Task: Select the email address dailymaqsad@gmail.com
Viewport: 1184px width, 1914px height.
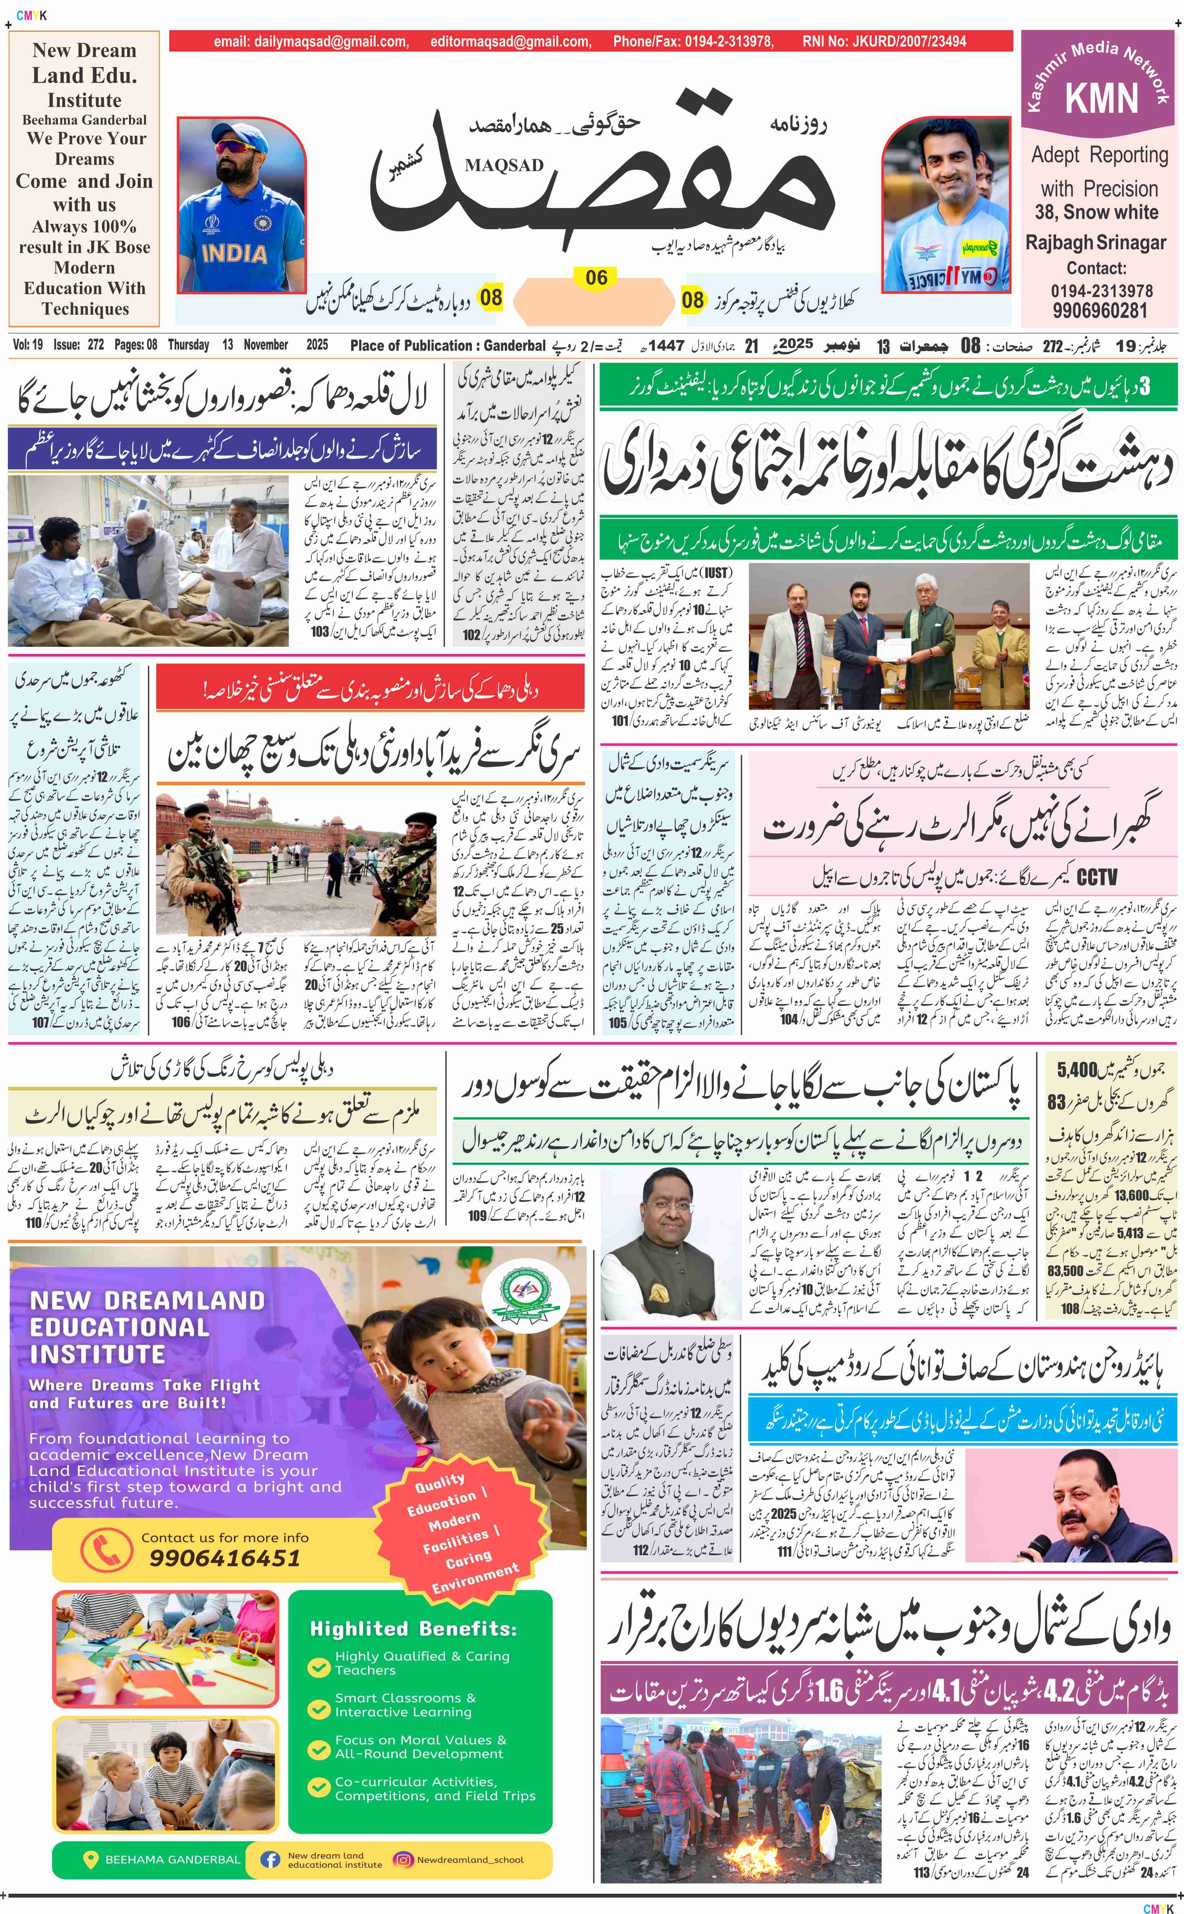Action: coord(311,41)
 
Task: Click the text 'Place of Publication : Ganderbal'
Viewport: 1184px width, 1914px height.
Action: coord(447,345)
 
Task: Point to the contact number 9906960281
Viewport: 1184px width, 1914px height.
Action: coord(1099,310)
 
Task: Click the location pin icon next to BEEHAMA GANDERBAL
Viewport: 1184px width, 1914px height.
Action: coord(91,1859)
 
